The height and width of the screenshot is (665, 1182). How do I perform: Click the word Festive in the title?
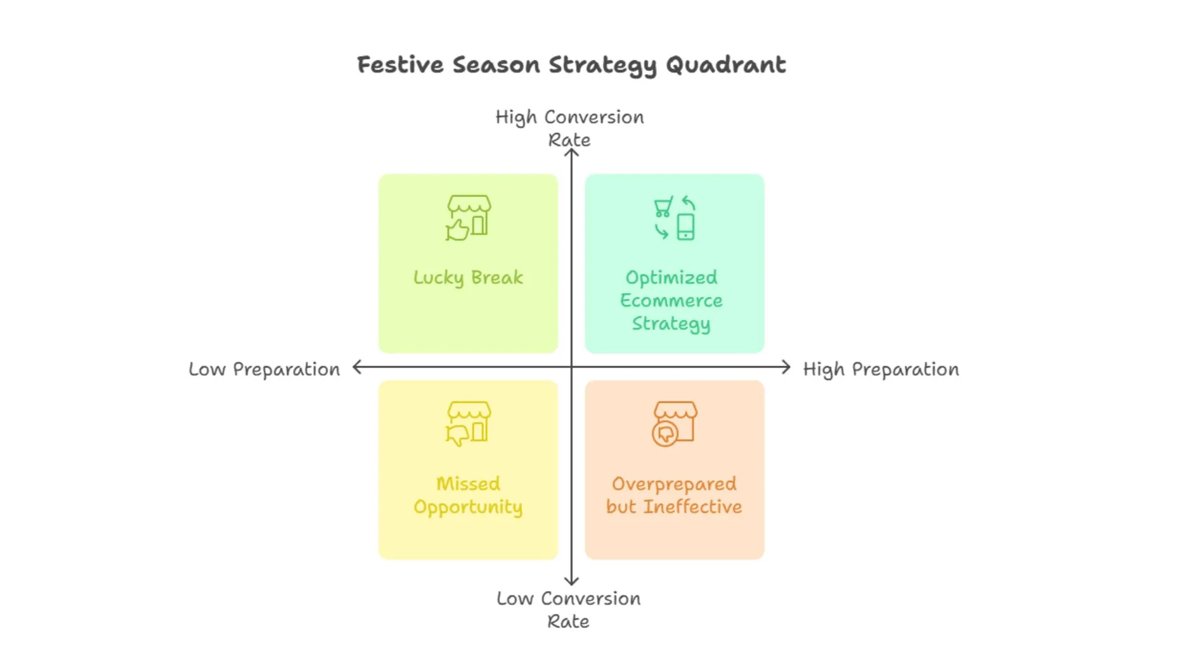(400, 65)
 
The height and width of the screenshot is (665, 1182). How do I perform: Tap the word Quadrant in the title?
(726, 65)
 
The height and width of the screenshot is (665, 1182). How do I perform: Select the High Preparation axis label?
(881, 369)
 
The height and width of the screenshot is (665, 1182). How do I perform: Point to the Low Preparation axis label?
(264, 369)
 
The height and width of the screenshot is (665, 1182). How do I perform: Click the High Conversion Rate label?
(569, 128)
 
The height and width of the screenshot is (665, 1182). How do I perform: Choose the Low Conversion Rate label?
(569, 610)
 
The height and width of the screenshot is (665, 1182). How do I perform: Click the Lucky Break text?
(468, 278)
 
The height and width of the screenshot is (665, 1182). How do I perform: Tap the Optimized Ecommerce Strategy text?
(672, 300)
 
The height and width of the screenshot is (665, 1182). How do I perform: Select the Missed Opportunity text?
(468, 495)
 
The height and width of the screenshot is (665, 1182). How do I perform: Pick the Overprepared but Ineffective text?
(674, 495)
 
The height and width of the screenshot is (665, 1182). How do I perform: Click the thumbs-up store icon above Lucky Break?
(468, 218)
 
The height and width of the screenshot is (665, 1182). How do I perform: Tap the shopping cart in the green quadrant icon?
(663, 207)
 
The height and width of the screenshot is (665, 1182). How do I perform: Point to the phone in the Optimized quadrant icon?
(686, 227)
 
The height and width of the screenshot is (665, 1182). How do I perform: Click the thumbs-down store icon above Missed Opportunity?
(468, 424)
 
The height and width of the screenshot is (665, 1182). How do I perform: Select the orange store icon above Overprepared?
(675, 424)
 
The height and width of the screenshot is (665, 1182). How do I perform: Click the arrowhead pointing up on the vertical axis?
(571, 152)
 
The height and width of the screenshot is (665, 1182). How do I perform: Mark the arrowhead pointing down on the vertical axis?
(571, 581)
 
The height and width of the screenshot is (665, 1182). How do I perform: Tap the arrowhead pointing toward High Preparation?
(786, 368)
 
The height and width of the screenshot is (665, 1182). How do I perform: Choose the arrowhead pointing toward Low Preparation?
(357, 368)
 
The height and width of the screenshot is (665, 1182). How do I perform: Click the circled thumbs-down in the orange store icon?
(665, 433)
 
